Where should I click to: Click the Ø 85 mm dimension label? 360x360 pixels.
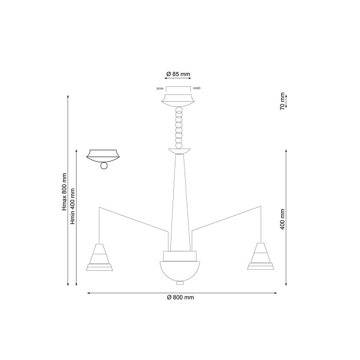tap(178, 74)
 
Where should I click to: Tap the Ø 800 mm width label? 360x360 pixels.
tap(181, 297)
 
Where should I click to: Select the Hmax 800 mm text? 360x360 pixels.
tap(65, 191)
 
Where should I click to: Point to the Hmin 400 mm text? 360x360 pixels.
tap(73, 206)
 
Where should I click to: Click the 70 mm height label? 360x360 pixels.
tap(282, 101)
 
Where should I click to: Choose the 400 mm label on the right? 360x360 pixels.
tap(282, 219)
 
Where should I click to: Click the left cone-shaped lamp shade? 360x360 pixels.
tap(99, 257)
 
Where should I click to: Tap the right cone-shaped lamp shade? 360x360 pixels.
tap(261, 256)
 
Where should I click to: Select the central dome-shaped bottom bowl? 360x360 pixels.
tap(180, 271)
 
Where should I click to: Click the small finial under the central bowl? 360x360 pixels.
tap(180, 283)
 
